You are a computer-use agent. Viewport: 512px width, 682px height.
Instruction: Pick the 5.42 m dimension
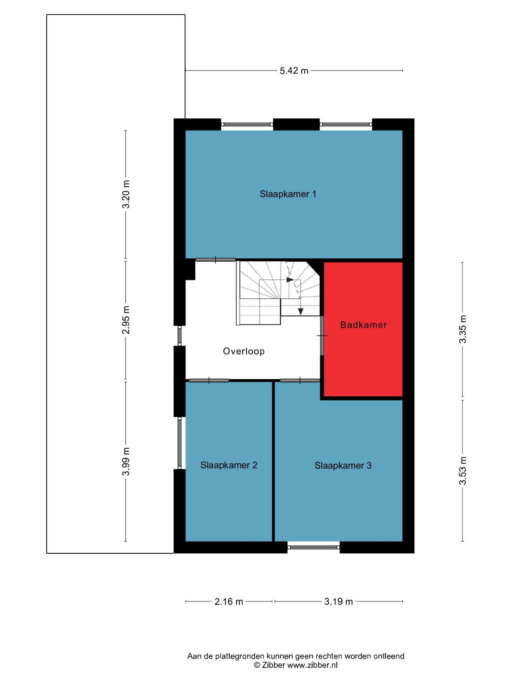click(x=294, y=71)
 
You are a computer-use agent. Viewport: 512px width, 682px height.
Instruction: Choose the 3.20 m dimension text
click(x=126, y=194)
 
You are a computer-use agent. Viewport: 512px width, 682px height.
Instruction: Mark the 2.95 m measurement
click(x=126, y=320)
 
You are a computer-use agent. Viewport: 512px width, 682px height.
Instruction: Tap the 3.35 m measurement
click(x=463, y=329)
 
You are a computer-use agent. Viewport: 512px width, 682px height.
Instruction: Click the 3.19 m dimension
click(x=338, y=601)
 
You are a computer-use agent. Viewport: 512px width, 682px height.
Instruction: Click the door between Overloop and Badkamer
click(x=322, y=335)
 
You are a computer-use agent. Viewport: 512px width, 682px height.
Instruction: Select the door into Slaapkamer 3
click(x=300, y=380)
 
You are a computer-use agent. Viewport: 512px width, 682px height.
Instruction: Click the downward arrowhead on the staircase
click(x=301, y=312)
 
